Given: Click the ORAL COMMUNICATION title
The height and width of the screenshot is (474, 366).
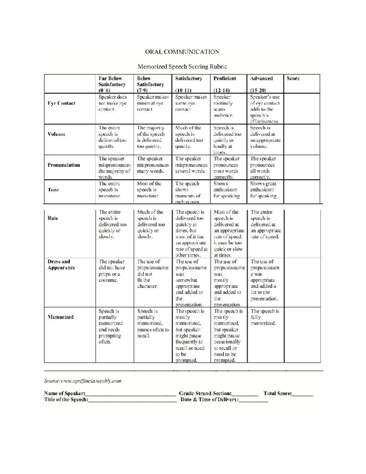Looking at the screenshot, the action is [x=182, y=52].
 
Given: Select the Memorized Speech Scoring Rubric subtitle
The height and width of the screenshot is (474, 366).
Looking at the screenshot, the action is [x=182, y=66].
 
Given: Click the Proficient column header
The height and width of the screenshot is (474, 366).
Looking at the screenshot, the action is [x=225, y=78].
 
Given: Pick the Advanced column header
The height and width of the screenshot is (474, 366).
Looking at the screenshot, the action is [x=261, y=78].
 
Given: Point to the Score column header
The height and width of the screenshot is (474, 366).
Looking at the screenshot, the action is [x=293, y=78].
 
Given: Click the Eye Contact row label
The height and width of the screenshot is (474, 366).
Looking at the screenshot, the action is [x=61, y=103].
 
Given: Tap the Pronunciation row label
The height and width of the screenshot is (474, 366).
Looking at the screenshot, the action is [x=64, y=165].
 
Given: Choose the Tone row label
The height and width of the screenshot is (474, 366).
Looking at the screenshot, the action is [x=53, y=190].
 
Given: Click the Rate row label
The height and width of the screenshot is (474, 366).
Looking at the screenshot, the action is [x=53, y=218].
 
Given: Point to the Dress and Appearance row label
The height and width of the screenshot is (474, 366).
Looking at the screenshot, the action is [x=61, y=265].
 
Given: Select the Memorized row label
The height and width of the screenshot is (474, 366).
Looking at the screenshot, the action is [x=60, y=317].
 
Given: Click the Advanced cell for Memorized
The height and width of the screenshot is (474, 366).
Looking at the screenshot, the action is [x=265, y=317].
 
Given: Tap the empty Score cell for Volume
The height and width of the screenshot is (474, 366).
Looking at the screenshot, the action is [x=302, y=139].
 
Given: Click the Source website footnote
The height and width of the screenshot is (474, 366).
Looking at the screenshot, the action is [x=83, y=381].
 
